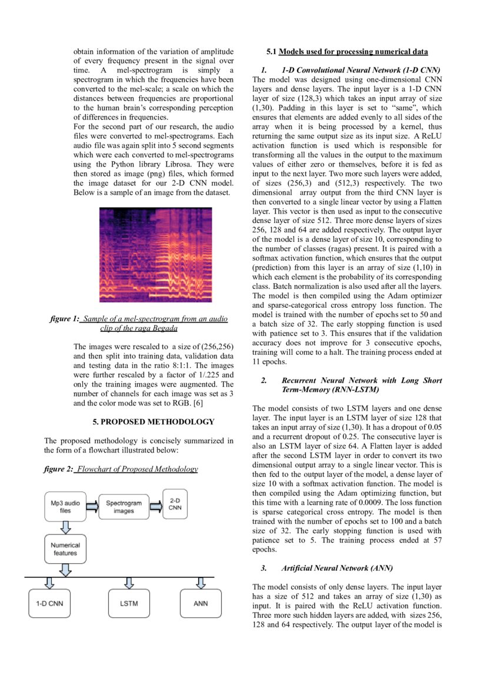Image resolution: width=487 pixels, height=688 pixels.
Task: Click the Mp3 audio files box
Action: pos(65,507)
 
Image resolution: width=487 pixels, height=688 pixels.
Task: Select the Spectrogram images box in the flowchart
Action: pos(124,507)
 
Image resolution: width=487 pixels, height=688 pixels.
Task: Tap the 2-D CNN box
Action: pos(175,503)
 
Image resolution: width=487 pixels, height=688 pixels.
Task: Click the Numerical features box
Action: pos(65,549)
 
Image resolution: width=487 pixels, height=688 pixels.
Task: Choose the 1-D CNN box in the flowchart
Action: pos(49,603)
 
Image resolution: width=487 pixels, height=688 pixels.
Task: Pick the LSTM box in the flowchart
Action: pos(129,603)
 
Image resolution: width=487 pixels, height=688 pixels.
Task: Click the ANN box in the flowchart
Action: pos(201,603)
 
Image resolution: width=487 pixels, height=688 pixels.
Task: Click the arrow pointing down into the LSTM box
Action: pos(129,583)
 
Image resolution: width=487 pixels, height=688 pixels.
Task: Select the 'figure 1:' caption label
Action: pos(64,318)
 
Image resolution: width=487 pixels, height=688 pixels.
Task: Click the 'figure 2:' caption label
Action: pos(58,469)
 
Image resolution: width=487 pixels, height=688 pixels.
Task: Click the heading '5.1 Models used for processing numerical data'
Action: pos(346,51)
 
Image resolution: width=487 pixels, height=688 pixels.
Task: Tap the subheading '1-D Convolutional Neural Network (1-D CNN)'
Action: pos(361,69)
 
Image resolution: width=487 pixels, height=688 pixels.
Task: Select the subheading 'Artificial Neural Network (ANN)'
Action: pos(336,568)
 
